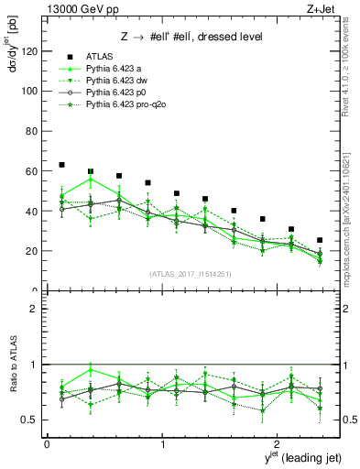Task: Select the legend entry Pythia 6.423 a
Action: click(x=111, y=69)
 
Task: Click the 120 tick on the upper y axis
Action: click(x=31, y=51)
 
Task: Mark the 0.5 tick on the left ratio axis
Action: click(x=31, y=420)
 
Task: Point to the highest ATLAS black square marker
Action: click(x=61, y=165)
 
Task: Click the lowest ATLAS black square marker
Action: click(x=320, y=240)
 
